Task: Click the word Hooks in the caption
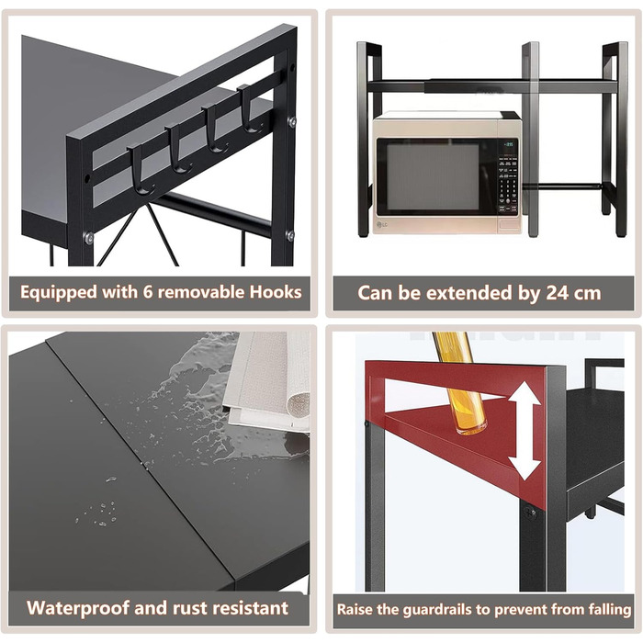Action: click(x=276, y=292)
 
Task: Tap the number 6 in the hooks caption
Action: click(x=148, y=292)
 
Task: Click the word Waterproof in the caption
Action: click(x=77, y=608)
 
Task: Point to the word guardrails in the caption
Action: click(x=444, y=609)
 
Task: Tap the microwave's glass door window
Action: click(x=433, y=176)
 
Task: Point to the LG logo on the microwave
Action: click(x=382, y=224)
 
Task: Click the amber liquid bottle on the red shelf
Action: click(x=464, y=383)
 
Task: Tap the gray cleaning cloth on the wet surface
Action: click(x=267, y=381)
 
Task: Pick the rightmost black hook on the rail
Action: click(x=249, y=109)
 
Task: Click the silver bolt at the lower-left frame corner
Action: click(x=88, y=237)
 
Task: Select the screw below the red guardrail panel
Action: click(x=528, y=513)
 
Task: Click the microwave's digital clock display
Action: click(x=509, y=144)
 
